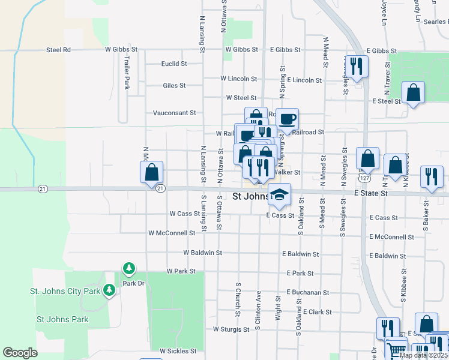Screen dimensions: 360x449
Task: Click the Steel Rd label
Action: click(x=58, y=50)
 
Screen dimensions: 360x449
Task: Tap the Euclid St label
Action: click(x=174, y=64)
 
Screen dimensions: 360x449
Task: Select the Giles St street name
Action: click(x=174, y=86)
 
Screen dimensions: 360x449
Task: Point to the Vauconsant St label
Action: click(x=174, y=113)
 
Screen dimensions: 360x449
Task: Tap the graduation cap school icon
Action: click(x=279, y=193)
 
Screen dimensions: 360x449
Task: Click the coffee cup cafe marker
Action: click(x=287, y=118)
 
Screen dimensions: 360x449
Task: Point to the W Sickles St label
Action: click(x=178, y=351)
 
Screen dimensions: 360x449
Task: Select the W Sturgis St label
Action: click(x=231, y=329)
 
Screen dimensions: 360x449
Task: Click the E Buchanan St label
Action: click(x=308, y=292)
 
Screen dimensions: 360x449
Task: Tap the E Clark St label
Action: click(x=318, y=312)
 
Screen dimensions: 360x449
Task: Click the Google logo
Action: click(x=20, y=353)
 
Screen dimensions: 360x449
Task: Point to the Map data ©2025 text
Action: click(x=423, y=355)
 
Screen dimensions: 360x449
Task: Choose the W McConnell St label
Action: click(x=172, y=233)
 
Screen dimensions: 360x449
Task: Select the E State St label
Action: click(x=372, y=194)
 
